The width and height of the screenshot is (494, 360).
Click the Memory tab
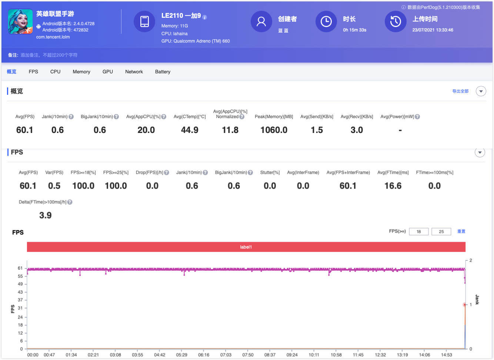(x=81, y=72)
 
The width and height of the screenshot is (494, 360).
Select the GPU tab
(x=107, y=72)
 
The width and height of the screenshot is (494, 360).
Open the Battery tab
(x=163, y=72)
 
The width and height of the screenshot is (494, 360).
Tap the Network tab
(x=134, y=72)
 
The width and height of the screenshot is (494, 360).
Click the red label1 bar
(x=246, y=247)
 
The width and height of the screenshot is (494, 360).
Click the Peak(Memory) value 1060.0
(x=274, y=130)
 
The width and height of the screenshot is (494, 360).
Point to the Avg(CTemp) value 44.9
(x=190, y=130)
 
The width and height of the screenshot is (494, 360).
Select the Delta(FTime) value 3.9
(x=45, y=216)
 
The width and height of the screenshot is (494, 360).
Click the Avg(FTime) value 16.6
(x=393, y=186)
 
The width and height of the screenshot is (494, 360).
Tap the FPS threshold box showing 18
(x=419, y=231)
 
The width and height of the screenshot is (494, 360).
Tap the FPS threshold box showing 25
(x=441, y=231)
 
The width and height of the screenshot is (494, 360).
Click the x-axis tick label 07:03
(x=226, y=355)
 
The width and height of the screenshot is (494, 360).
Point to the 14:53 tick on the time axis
(x=447, y=355)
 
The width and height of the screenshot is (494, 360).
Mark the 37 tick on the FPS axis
(x=20, y=300)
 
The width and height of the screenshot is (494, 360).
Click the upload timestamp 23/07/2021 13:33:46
(x=433, y=30)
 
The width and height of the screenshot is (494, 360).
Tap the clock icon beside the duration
(x=326, y=21)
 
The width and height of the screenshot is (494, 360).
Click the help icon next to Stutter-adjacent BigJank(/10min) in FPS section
(x=250, y=173)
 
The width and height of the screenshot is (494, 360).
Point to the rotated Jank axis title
(x=477, y=300)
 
